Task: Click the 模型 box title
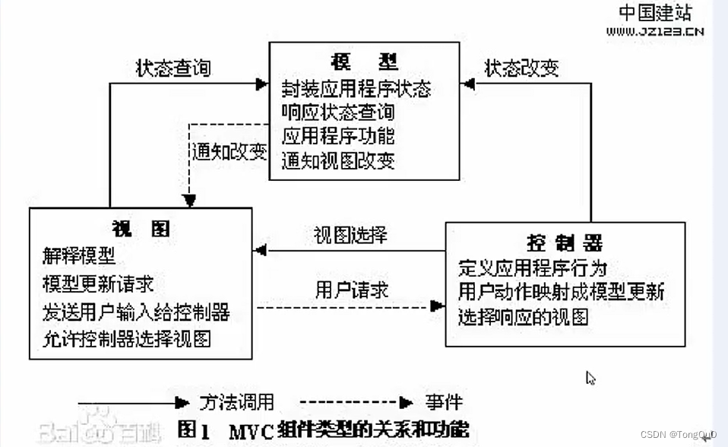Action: pyautogui.click(x=364, y=62)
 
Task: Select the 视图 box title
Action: pyautogui.click(x=141, y=229)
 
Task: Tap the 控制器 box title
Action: pyautogui.click(x=565, y=243)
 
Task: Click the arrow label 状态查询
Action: pyautogui.click(x=173, y=68)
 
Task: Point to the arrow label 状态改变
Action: pyautogui.click(x=522, y=68)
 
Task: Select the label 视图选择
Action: pyautogui.click(x=350, y=234)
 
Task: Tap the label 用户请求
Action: pyautogui.click(x=352, y=290)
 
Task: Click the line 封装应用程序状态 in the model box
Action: pyautogui.click(x=356, y=89)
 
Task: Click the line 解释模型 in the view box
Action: pyautogui.click(x=80, y=256)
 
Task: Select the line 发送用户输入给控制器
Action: pyautogui.click(x=136, y=311)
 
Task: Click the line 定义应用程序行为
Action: pyautogui.click(x=532, y=268)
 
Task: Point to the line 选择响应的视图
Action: pyautogui.click(x=523, y=317)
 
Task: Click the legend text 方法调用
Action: pyautogui.click(x=236, y=402)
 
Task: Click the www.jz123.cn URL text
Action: pyautogui.click(x=654, y=31)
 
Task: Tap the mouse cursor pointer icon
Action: pyautogui.click(x=590, y=378)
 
